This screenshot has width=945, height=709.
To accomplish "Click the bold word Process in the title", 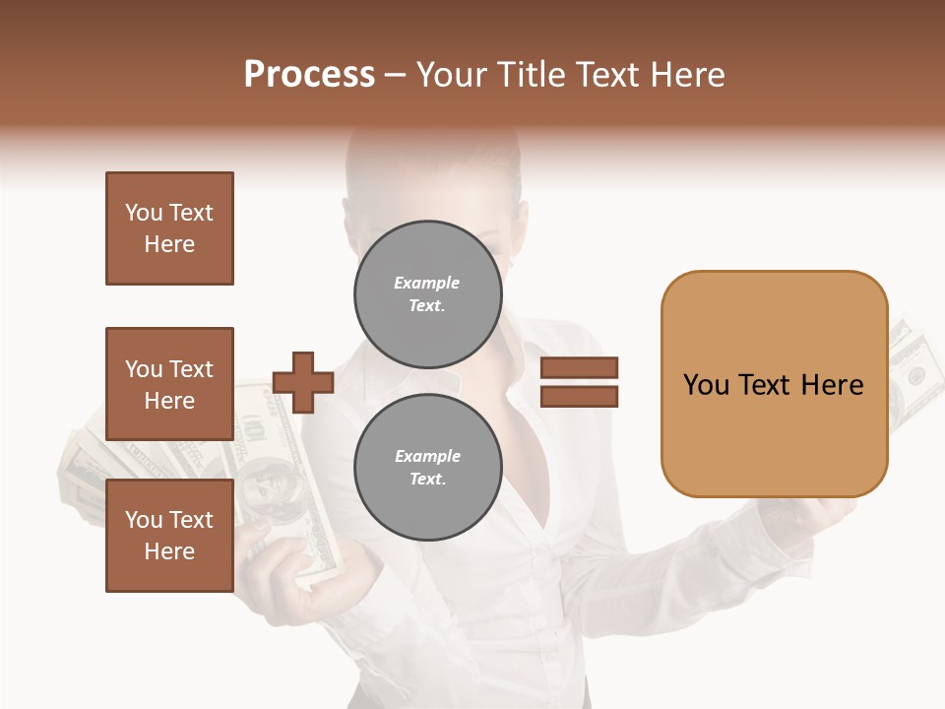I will click(309, 75).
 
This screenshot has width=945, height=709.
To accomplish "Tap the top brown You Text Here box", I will click(169, 228).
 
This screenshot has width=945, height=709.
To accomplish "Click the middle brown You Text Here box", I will click(169, 384).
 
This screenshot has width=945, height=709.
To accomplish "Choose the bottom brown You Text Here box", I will click(169, 536).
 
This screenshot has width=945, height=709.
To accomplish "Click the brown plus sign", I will click(302, 382).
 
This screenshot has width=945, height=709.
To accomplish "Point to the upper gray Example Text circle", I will click(427, 294).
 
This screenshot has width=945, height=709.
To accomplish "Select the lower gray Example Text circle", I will click(427, 468).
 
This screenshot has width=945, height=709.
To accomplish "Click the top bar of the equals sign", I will click(579, 368).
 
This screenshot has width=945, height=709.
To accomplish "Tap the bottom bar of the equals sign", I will click(579, 396).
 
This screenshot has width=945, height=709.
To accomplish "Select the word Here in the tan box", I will click(832, 385).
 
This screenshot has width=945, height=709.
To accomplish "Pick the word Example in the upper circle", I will click(427, 283).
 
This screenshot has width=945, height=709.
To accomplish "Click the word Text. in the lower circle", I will click(427, 480).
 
